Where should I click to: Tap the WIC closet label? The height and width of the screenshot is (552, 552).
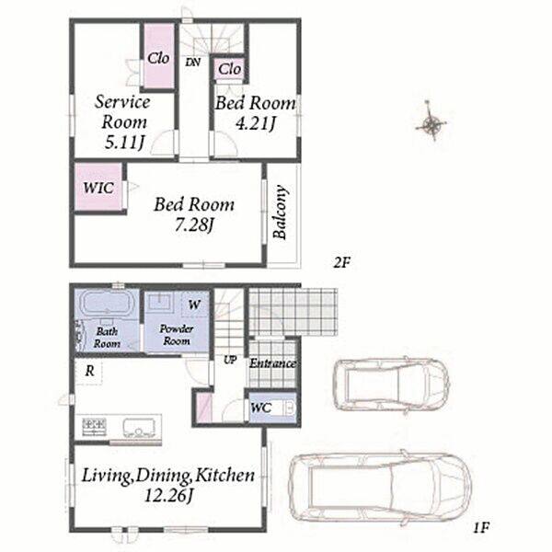pos(98,188)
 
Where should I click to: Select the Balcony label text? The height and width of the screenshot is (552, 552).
pos(281,212)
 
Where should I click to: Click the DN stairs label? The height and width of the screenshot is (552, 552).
pos(193,63)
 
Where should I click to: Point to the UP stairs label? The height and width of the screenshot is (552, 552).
pos(230,360)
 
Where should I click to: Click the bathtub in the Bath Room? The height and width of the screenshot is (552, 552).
pos(108,304)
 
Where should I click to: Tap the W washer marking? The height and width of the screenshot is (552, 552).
pos(194,305)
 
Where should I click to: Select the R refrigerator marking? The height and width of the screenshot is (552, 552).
pos(90,371)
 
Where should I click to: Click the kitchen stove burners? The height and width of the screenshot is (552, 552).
pos(95,427)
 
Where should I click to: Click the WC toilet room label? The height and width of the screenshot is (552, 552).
pos(261,408)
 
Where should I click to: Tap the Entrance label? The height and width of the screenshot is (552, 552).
pos(272,363)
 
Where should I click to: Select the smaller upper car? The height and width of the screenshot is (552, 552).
pos(391,385)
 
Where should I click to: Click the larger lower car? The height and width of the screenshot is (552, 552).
pos(380,487)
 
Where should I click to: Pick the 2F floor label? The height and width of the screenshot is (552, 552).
pos(342,262)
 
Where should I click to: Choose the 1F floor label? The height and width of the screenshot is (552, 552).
pos(481,527)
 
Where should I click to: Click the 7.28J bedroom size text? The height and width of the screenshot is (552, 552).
pos(194,225)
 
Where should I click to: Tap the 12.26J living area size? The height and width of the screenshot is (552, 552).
pos(169,496)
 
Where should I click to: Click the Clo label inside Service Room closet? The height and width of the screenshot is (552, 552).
pos(158,58)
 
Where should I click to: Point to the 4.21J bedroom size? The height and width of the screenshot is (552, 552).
pos(255,123)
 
